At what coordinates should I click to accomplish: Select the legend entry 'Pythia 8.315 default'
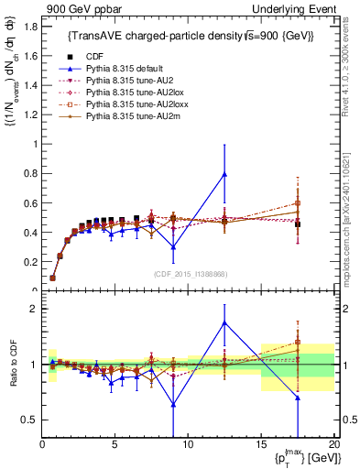120,69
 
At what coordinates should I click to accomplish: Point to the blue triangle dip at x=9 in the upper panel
173,247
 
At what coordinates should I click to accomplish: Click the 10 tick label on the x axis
188,446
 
